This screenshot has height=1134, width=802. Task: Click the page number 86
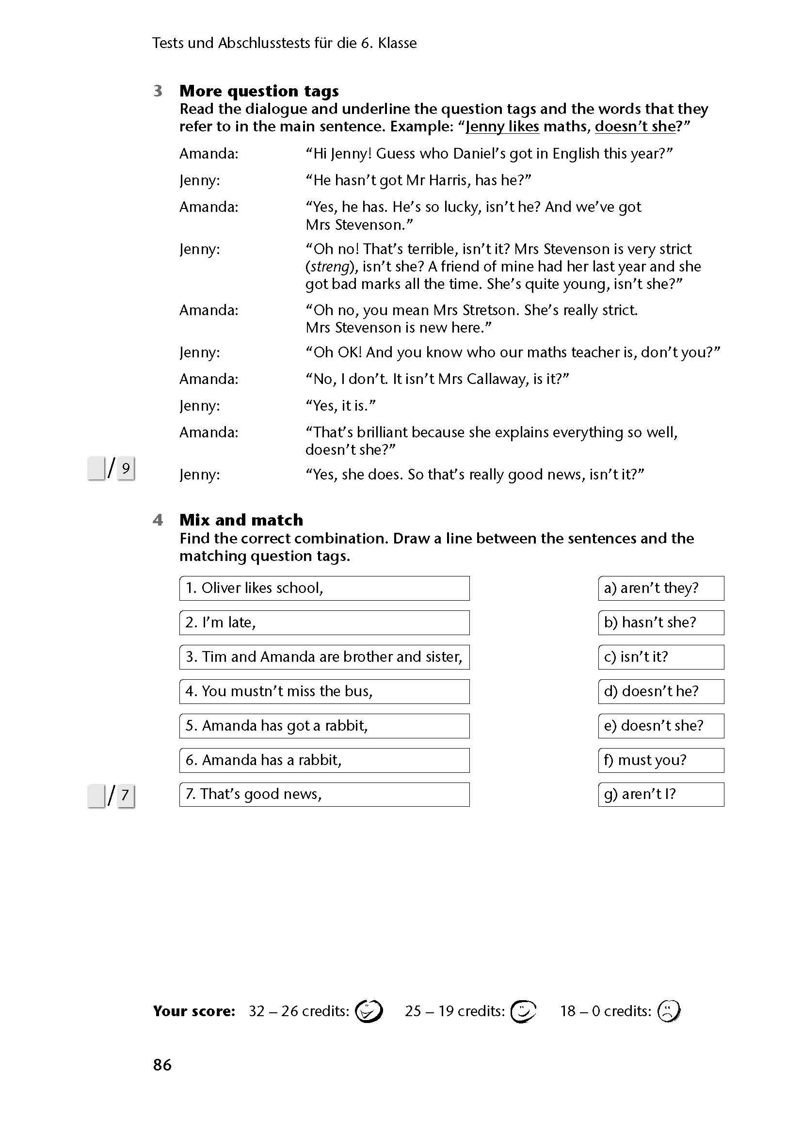pos(162,1064)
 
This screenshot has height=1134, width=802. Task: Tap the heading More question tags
pos(259,91)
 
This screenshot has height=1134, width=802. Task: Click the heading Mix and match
pos(241,520)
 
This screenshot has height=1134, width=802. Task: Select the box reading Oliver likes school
pos(324,588)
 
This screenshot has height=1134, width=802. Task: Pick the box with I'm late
pos(324,623)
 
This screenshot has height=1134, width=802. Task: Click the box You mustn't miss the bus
pos(324,691)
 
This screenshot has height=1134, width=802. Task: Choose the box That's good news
pos(324,794)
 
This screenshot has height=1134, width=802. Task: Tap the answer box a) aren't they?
pos(661,588)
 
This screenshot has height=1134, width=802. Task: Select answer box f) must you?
pos(661,760)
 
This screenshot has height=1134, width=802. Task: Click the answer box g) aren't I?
pos(661,794)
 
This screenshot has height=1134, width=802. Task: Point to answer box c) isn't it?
pos(661,657)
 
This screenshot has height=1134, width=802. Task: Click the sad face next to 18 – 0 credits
pos(669,1010)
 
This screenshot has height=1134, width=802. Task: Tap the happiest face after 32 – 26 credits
pos(369,1010)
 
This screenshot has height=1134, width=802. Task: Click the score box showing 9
pos(126,468)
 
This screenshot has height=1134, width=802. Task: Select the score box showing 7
pos(126,795)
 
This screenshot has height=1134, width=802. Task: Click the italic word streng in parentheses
pos(330,267)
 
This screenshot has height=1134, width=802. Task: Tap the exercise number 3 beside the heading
pos(158,91)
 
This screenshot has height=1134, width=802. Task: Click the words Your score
pos(193,1011)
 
